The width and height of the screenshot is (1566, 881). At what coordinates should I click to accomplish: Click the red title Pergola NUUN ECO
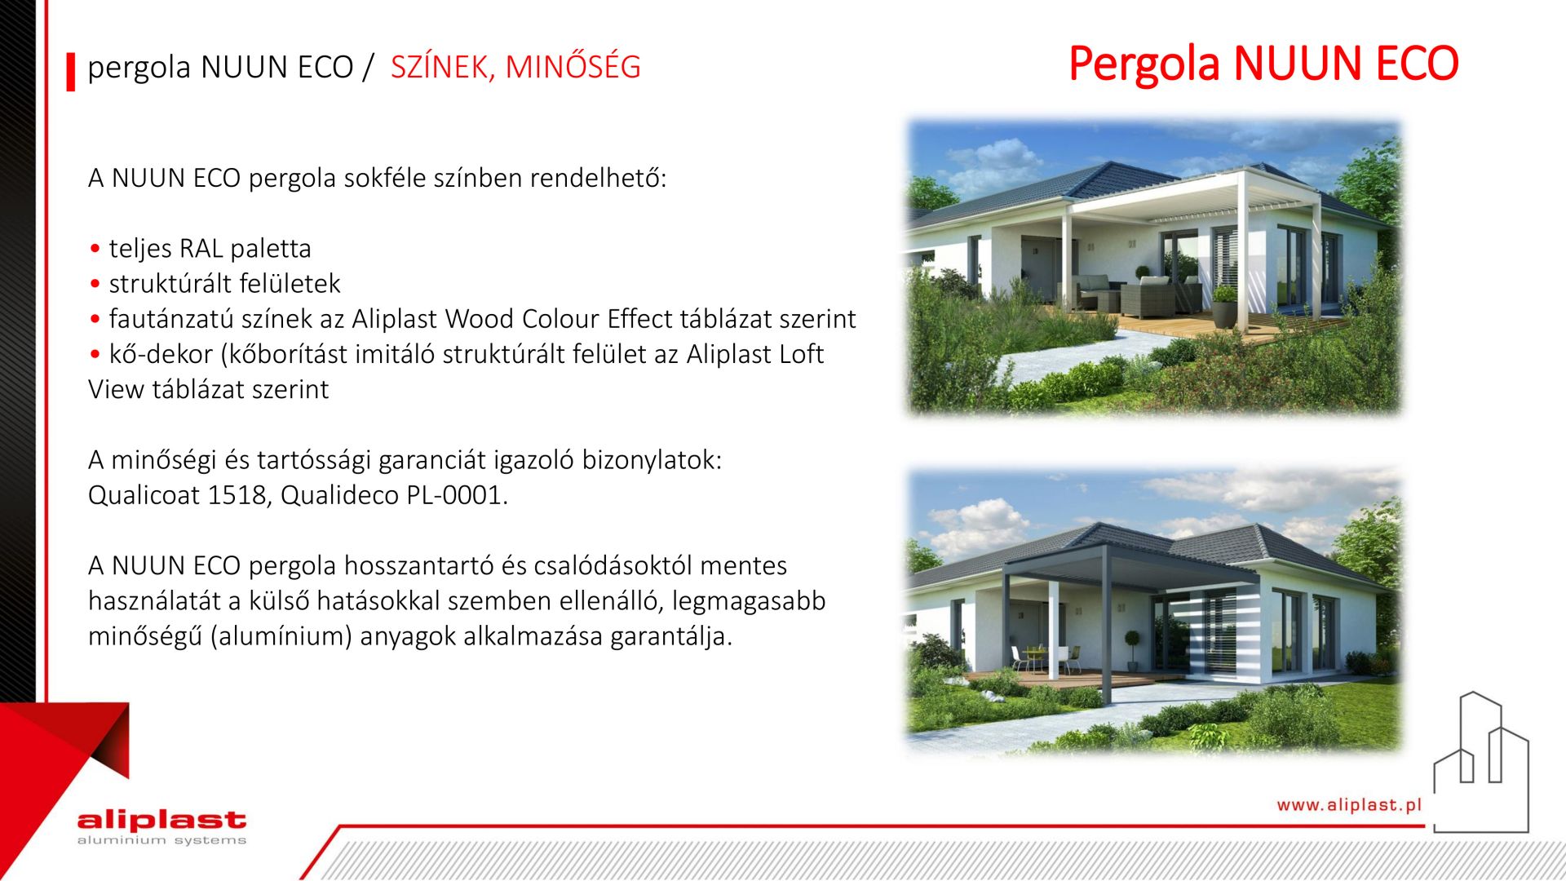(1263, 64)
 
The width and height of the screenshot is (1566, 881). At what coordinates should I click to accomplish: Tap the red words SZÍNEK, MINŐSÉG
(515, 67)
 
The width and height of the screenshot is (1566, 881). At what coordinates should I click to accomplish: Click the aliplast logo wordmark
(161, 820)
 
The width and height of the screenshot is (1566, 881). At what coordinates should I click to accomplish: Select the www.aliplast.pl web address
(1349, 805)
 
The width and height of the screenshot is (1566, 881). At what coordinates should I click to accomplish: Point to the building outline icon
(1481, 763)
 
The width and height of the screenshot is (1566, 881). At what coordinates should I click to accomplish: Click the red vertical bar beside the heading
(71, 71)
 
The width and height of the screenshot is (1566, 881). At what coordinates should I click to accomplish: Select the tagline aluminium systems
(161, 840)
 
